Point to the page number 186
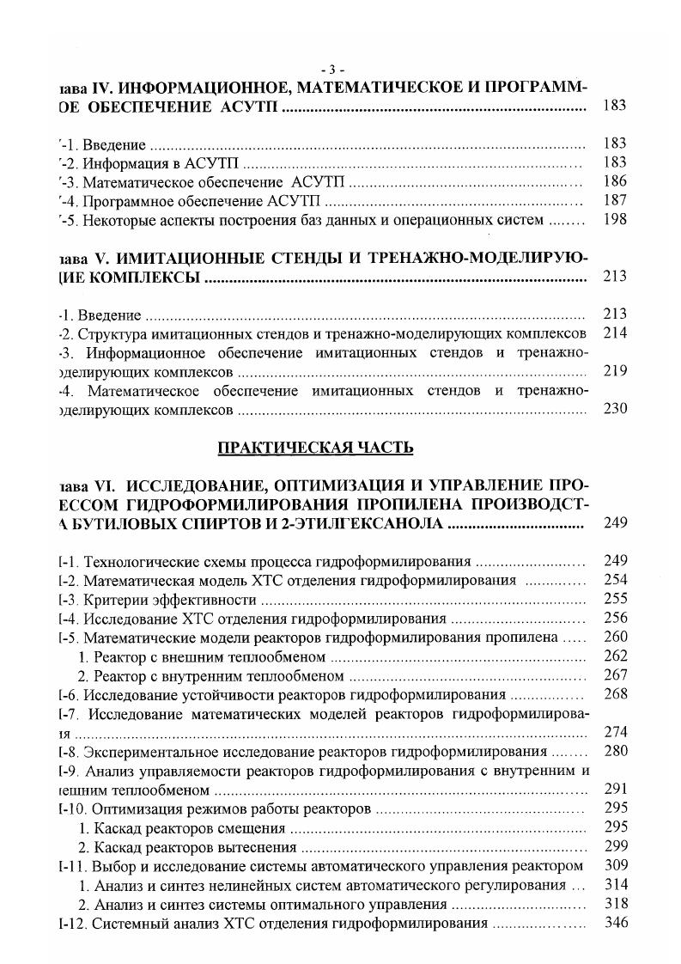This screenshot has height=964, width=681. tap(615, 182)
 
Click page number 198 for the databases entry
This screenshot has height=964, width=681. tap(615, 220)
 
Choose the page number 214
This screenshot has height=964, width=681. tap(615, 333)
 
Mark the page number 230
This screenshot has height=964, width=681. tap(615, 409)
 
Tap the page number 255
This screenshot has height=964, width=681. tap(615, 599)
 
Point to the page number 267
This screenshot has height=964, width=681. tap(615, 675)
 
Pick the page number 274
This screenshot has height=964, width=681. tap(615, 733)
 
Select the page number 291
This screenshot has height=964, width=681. tap(615, 790)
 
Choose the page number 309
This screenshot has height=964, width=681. tap(615, 865)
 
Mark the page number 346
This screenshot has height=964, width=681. tap(615, 923)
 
